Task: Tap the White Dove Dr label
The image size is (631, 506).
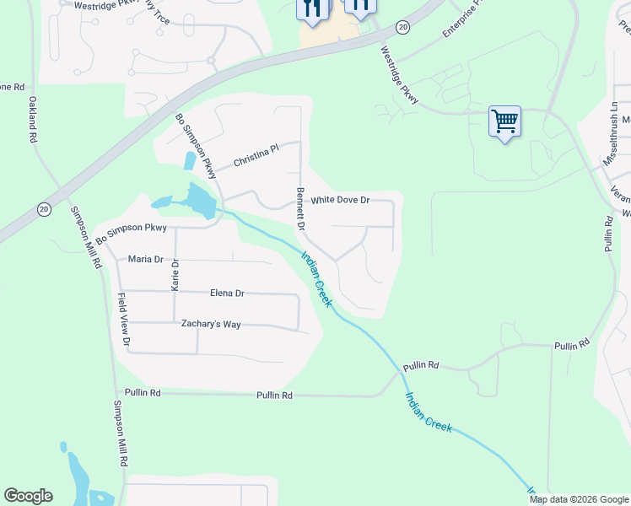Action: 340,201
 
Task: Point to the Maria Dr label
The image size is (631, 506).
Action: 145,259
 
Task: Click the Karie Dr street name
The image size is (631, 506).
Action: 175,275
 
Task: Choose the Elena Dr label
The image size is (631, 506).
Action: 227,293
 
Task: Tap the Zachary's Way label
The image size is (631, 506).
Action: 211,324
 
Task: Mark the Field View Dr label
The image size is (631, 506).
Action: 123,320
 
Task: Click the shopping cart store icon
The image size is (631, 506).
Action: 504,121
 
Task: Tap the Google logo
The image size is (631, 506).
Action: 28,496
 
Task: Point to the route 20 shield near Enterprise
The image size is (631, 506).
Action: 403,28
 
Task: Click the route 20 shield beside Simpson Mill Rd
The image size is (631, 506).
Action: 44,209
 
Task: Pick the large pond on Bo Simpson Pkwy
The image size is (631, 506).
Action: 196,201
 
